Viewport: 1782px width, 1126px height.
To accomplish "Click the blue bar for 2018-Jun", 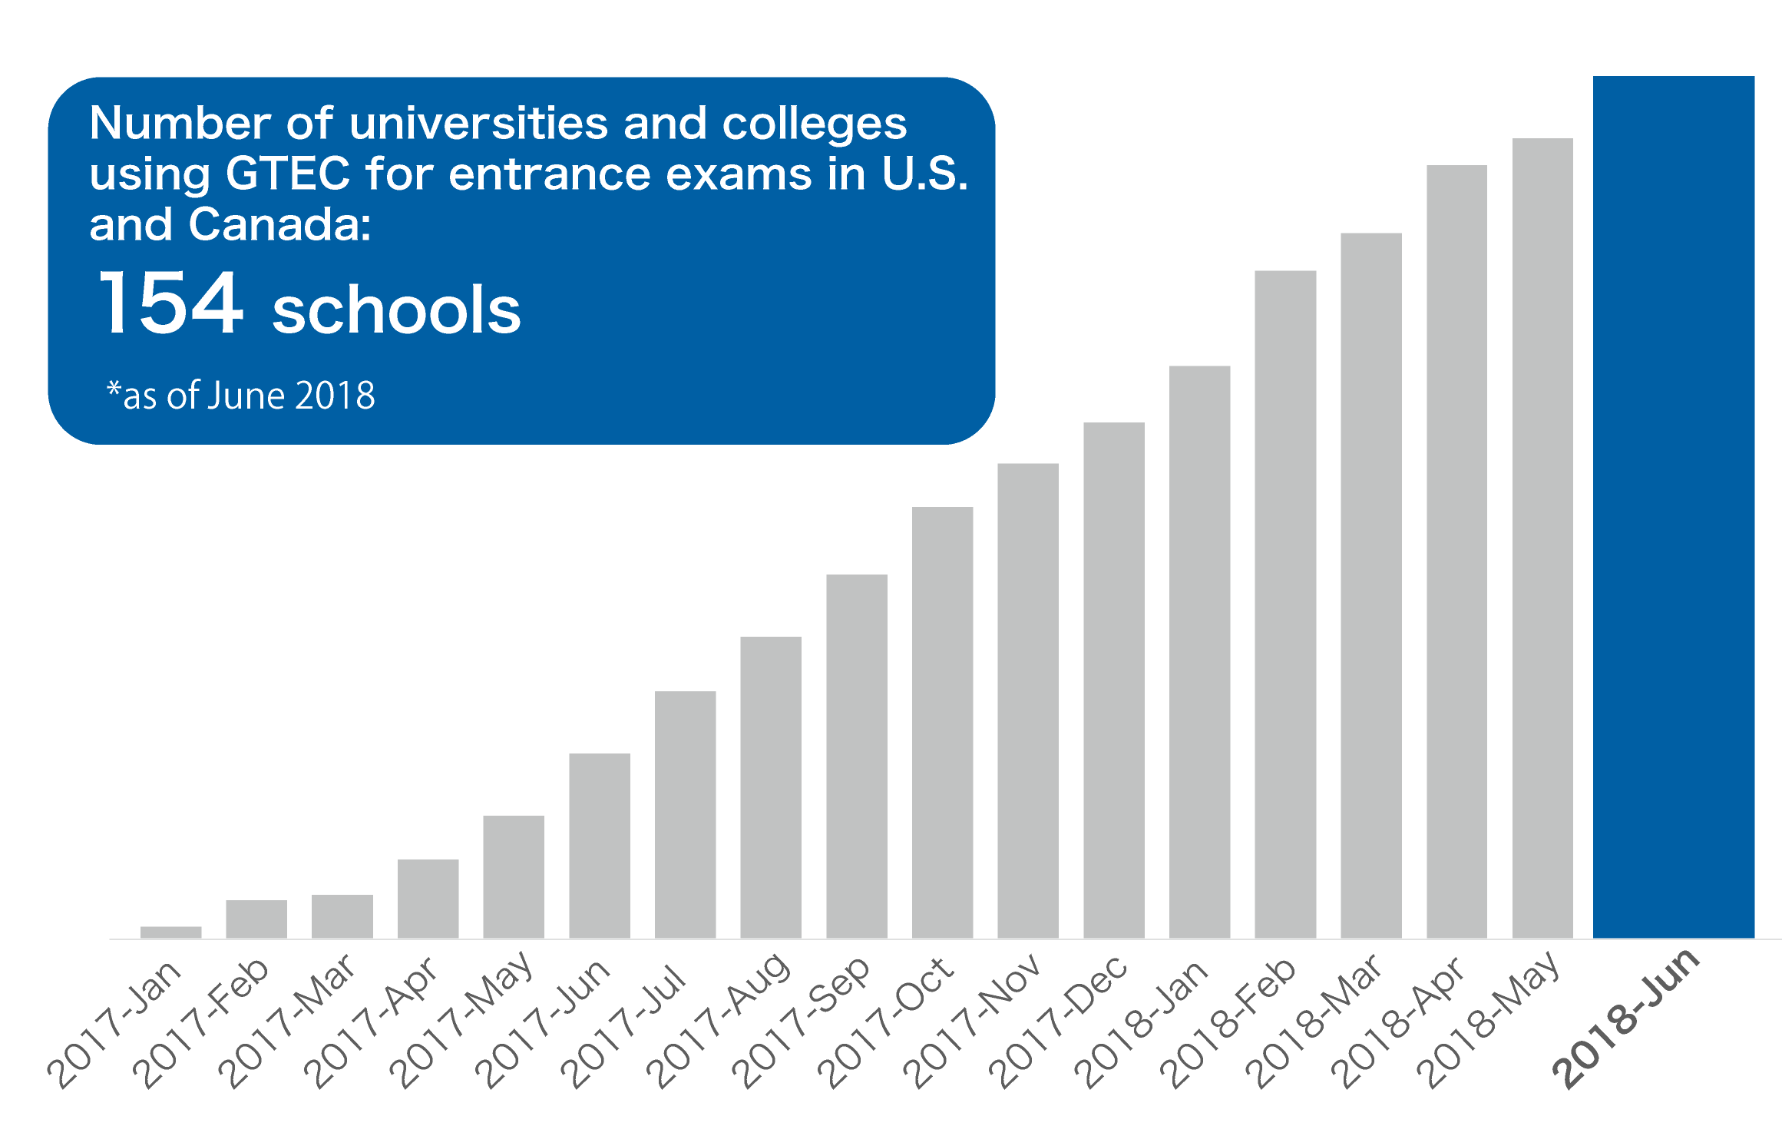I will click(1674, 507).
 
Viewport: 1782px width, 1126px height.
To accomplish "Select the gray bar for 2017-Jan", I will click(171, 932).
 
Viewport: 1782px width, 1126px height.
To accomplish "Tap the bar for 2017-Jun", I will click(600, 845).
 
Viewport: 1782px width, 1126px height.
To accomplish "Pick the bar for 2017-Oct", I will click(943, 722).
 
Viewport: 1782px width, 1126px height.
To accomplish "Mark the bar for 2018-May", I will click(1542, 538).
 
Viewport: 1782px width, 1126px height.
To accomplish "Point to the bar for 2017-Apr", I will click(428, 899).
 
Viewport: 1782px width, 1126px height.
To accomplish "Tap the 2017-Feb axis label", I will click(202, 1022).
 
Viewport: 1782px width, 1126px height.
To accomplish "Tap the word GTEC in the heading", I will click(288, 174).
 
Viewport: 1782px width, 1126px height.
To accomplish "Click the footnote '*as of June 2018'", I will click(241, 396).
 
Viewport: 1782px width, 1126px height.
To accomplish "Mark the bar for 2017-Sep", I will click(857, 756).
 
